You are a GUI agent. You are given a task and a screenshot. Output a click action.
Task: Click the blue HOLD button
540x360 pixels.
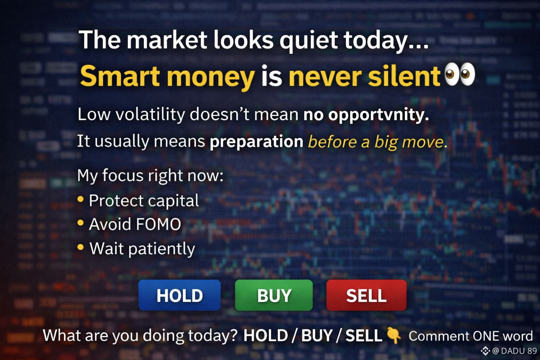click(179, 295)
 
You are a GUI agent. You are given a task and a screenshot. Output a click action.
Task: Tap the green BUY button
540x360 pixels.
click(274, 295)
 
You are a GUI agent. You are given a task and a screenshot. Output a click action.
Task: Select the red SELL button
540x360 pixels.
click(366, 295)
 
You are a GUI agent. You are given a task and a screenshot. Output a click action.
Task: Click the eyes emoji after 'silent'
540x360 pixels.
click(460, 74)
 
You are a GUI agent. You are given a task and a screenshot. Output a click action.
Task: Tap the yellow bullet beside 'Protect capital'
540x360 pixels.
click(81, 199)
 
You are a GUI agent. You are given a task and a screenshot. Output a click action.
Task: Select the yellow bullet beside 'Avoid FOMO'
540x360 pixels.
click(81, 223)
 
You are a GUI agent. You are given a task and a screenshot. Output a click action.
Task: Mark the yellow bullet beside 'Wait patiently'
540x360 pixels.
click(81, 247)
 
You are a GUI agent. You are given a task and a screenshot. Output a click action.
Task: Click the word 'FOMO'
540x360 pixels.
click(159, 224)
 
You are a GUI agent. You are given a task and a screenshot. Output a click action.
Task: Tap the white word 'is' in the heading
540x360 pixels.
click(272, 76)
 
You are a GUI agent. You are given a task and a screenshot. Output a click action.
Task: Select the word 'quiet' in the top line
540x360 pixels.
click(309, 40)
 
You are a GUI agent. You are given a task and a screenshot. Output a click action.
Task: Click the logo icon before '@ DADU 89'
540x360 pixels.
click(485, 351)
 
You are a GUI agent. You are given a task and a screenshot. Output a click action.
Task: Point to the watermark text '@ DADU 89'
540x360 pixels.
click(514, 351)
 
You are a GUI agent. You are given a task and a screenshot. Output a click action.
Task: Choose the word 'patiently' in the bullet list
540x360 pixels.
click(161, 249)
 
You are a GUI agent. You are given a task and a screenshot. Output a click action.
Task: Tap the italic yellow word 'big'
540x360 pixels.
click(386, 142)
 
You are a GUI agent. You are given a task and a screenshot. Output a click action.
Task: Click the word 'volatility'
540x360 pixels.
click(150, 115)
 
